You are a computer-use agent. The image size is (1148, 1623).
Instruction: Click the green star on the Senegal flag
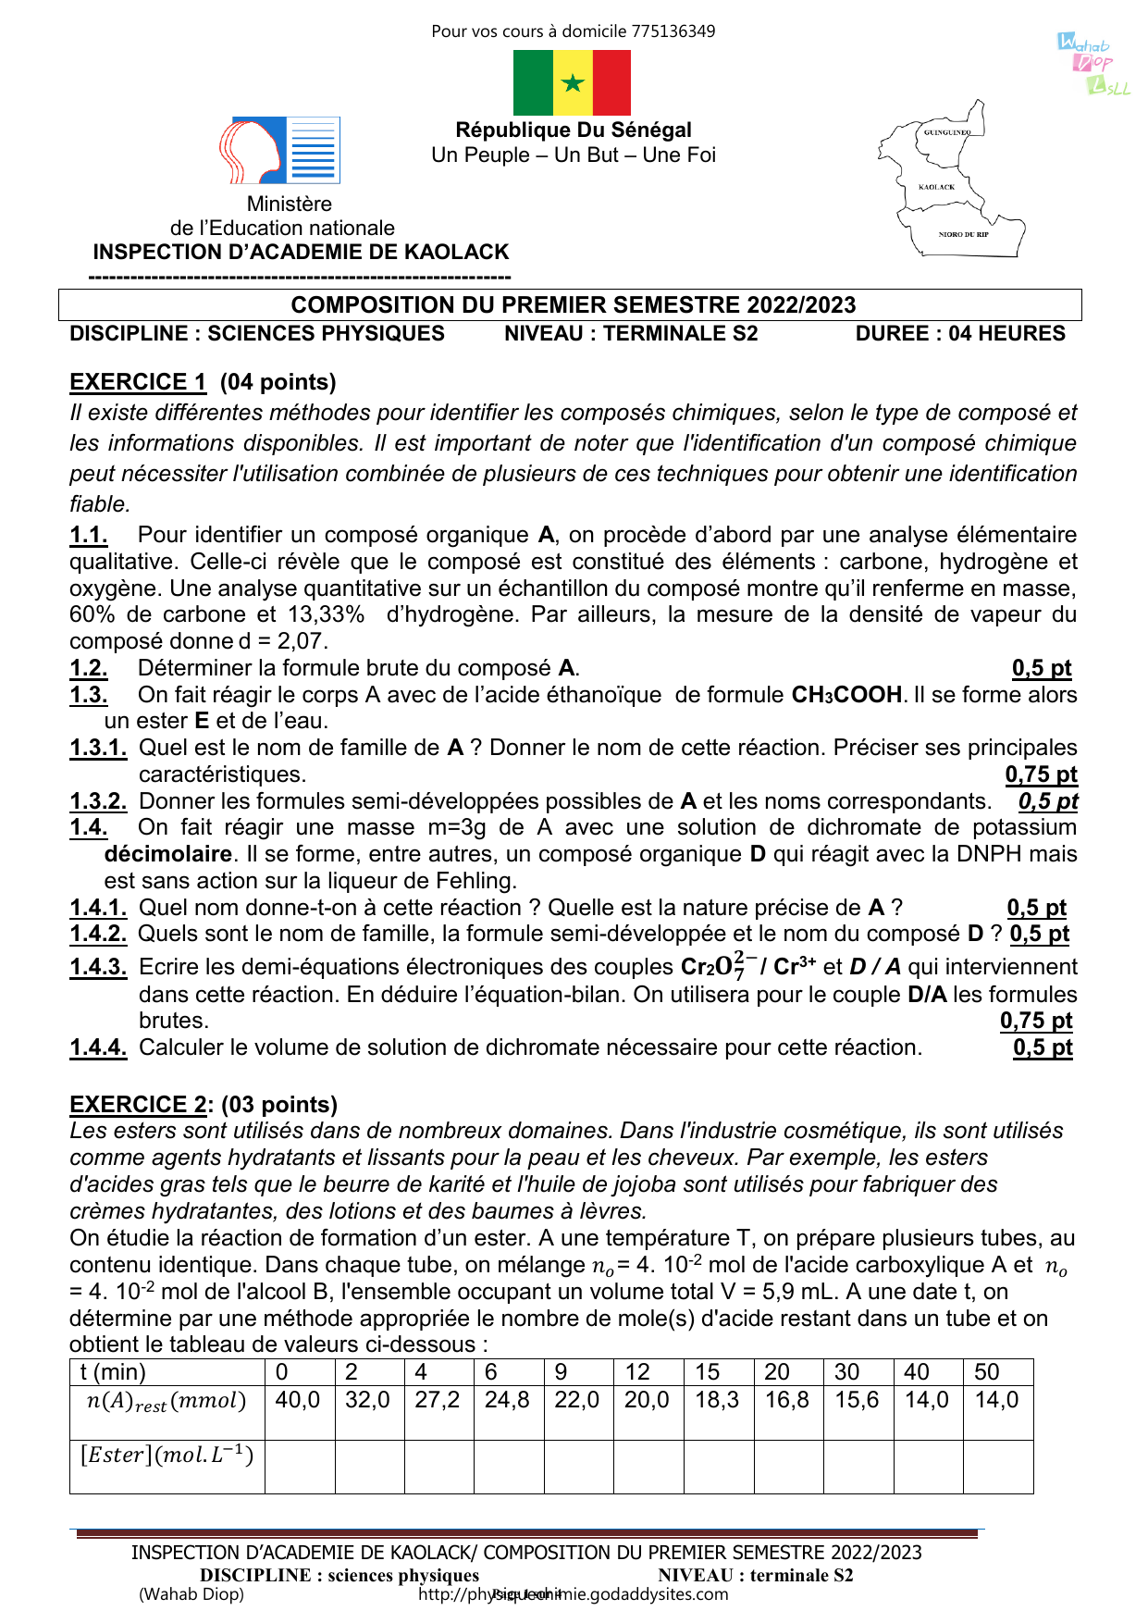[x=573, y=83]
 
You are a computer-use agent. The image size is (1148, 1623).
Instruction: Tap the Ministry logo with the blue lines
[x=280, y=150]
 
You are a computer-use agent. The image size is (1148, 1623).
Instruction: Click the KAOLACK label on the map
[x=936, y=187]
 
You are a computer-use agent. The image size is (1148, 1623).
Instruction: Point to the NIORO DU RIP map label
[x=963, y=235]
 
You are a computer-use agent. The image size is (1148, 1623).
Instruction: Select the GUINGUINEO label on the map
[x=947, y=132]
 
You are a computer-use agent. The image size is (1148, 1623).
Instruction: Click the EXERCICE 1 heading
[x=138, y=382]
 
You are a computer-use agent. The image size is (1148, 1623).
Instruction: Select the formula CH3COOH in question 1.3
[x=846, y=695]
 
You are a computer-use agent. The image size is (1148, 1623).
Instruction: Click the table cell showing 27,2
[x=438, y=1400]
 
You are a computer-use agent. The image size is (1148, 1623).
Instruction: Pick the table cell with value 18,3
[x=717, y=1400]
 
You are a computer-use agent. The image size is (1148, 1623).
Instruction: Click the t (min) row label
[x=113, y=1372]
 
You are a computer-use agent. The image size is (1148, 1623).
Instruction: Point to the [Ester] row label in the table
[x=167, y=1456]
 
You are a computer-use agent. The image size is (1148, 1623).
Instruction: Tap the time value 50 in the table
[x=987, y=1372]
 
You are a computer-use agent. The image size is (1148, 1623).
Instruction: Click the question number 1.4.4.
[x=98, y=1047]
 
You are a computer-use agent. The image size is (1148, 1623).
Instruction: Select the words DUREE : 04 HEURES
[x=959, y=334]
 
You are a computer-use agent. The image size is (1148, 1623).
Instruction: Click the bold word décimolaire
[x=167, y=854]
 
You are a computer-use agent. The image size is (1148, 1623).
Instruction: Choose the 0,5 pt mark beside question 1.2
[x=1041, y=668]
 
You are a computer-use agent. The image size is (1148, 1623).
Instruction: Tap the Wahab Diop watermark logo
[x=1094, y=64]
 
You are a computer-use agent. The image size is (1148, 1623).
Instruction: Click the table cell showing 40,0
[x=298, y=1400]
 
